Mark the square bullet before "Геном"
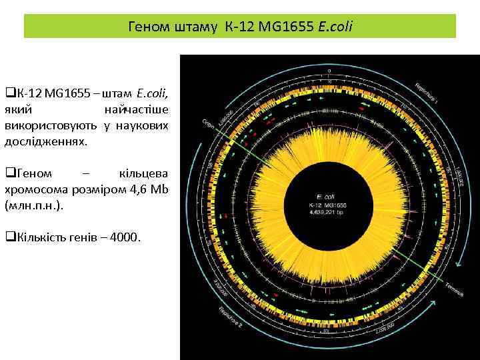point(9,173)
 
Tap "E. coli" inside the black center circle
point(325,197)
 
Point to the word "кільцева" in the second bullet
point(143,173)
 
